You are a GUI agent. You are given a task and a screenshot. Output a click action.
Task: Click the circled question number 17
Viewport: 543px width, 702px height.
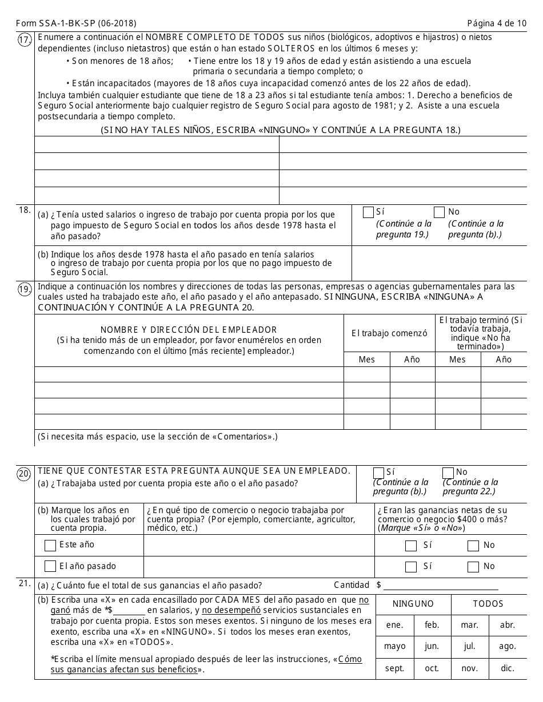24,41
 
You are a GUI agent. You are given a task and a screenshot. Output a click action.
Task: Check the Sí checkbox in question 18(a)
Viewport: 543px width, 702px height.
368,212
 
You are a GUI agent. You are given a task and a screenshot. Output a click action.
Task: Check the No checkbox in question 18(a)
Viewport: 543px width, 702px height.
439,212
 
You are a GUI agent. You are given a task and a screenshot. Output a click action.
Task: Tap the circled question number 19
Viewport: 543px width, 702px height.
24,290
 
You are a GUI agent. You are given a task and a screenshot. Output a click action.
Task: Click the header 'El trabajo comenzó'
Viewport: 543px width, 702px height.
389,333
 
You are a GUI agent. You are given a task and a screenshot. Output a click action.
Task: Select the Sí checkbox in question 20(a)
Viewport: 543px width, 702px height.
378,473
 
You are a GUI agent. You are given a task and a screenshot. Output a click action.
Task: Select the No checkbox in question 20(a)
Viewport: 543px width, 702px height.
448,473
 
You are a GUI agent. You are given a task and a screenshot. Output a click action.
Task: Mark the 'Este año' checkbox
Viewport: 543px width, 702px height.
50,546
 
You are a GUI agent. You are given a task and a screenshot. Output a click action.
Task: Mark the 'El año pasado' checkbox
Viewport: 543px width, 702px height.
50,567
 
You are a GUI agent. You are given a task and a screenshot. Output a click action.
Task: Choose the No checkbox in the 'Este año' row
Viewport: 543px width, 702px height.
473,546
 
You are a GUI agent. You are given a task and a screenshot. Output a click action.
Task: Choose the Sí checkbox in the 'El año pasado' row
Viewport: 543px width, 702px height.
410,567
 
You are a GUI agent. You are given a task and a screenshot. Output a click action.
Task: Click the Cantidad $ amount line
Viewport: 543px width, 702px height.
441,585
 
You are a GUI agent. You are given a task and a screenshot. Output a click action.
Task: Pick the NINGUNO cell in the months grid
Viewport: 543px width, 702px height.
413,604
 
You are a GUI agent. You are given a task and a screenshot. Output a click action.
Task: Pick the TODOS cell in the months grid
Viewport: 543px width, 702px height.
488,604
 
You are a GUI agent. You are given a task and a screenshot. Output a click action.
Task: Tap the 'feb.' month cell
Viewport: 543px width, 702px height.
432,625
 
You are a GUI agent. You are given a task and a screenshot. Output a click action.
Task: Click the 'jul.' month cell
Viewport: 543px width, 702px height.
470,647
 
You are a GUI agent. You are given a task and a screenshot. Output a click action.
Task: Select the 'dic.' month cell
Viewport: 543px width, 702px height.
508,668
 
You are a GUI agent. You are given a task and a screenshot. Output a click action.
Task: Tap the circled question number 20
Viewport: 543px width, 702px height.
24,474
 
